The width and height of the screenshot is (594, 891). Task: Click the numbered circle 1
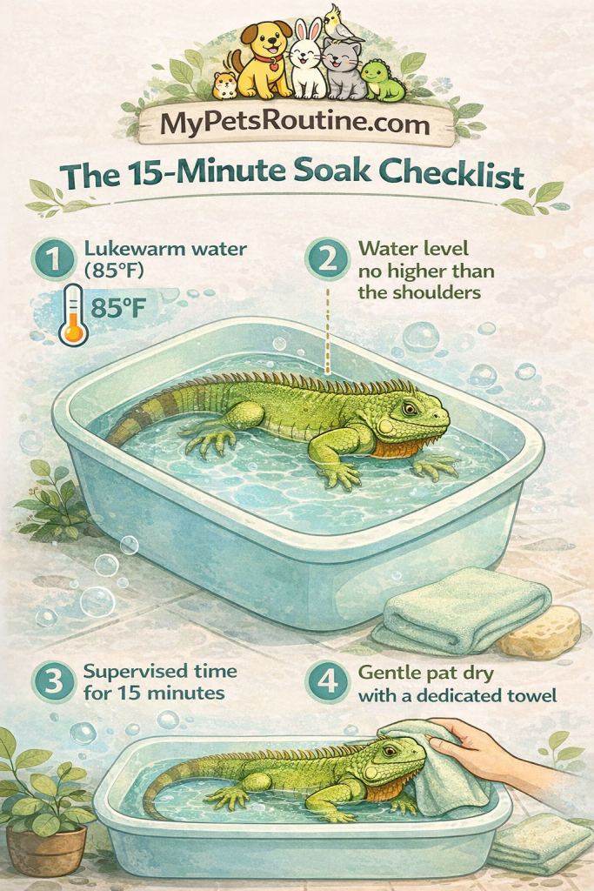53,259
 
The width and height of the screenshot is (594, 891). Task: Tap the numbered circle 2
327,259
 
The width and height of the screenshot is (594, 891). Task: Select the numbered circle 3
54,682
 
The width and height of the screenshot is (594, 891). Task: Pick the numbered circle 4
327,682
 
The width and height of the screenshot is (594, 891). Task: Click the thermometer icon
73,316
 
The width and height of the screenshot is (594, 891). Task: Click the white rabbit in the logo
308,60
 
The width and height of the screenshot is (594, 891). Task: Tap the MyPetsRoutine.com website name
295,124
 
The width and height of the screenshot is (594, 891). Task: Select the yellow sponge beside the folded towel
538,632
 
